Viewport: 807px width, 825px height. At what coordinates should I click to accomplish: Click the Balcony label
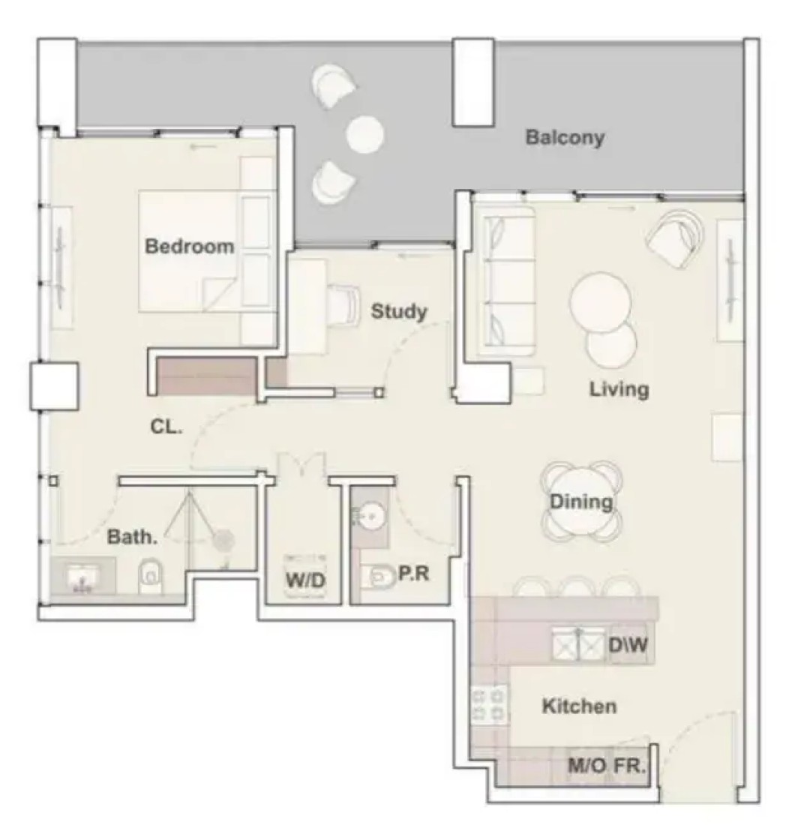point(565,138)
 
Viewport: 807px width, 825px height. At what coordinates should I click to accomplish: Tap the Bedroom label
point(190,246)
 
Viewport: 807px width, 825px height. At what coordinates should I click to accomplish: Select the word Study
point(399,311)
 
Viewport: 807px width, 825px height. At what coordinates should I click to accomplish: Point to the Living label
point(619,389)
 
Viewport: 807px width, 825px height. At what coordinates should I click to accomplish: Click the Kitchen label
point(579,706)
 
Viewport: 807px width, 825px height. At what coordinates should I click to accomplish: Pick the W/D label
point(305,580)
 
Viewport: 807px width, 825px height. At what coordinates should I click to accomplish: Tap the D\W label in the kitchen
point(628,644)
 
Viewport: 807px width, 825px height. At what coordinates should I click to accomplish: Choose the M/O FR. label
point(607,766)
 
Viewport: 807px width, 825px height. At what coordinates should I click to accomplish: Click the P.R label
point(413,574)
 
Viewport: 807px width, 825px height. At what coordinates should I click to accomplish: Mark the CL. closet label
point(166,427)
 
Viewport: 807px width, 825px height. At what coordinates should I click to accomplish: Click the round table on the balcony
point(364,135)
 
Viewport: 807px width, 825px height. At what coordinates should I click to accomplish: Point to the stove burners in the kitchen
point(490,706)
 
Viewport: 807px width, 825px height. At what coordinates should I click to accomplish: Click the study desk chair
point(344,302)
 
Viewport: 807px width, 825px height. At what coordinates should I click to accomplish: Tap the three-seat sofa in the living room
point(505,281)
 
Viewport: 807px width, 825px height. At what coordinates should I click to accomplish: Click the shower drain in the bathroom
point(223,540)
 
